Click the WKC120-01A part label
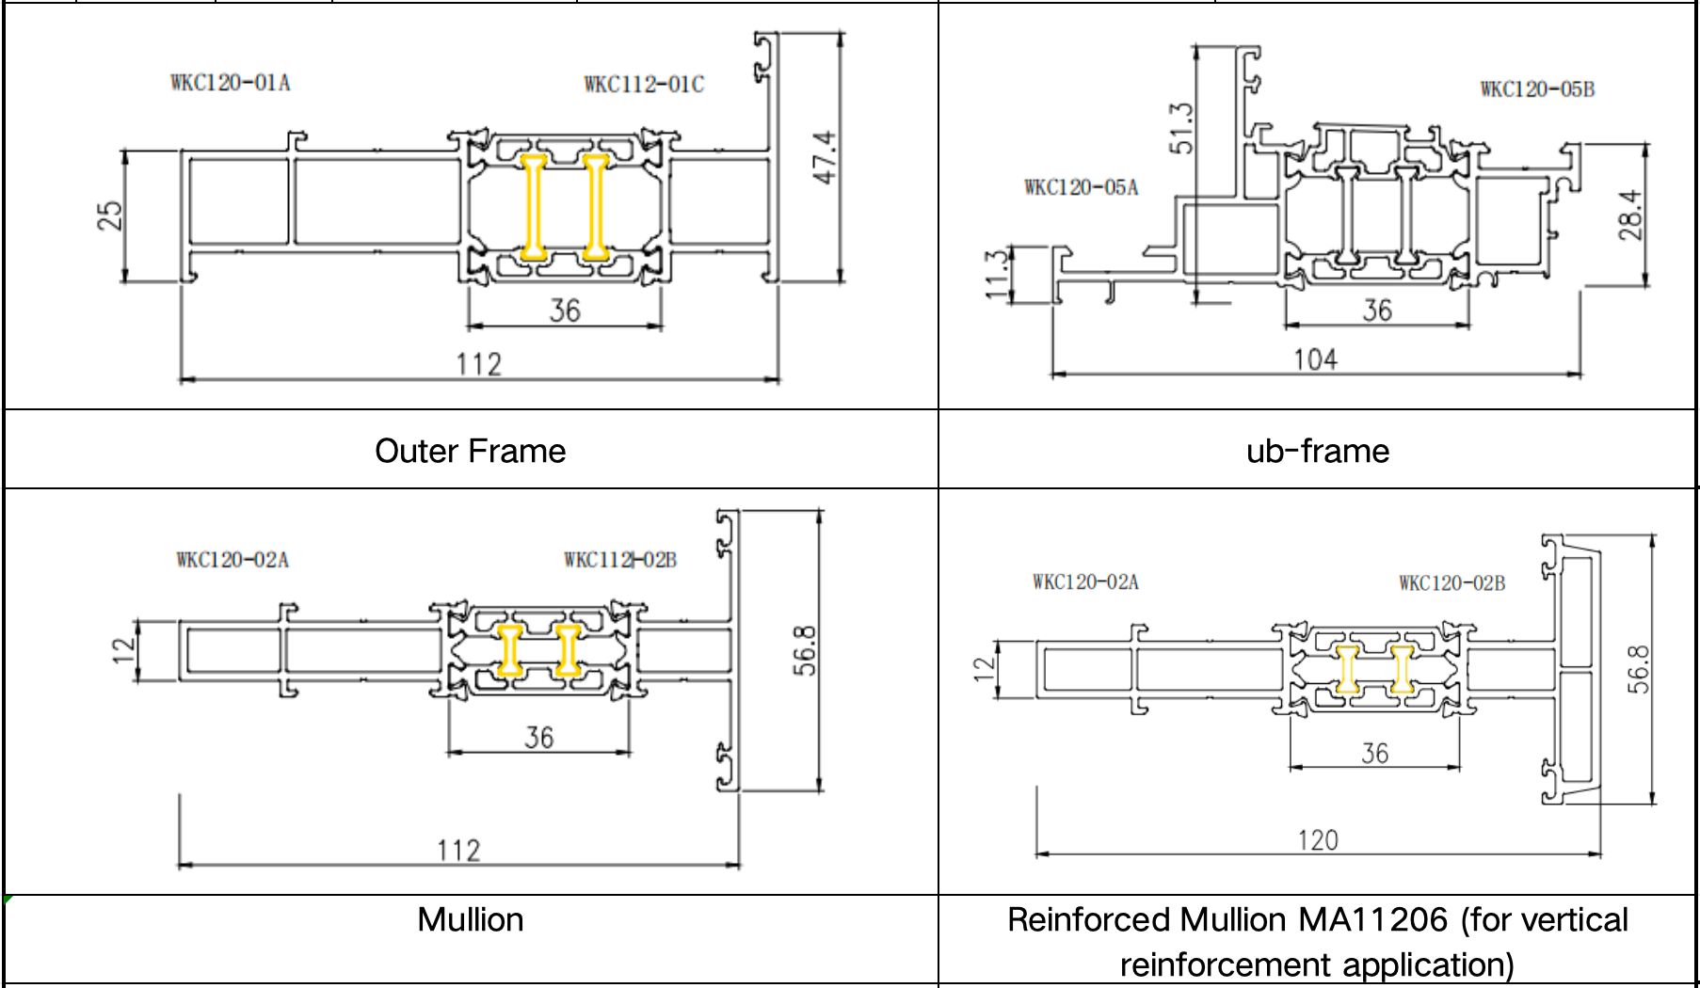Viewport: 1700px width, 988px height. point(231,83)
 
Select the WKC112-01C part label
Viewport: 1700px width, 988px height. point(644,85)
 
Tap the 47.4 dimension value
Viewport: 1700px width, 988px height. point(825,157)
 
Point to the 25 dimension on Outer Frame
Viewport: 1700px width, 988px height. point(110,215)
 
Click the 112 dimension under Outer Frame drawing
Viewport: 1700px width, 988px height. point(479,364)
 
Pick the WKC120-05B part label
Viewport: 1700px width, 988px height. point(1537,89)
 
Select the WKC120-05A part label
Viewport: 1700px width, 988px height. point(1081,187)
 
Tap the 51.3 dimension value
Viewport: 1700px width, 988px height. point(1181,129)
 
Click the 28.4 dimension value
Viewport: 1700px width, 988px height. point(1631,215)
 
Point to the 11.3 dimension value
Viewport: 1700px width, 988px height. point(997,275)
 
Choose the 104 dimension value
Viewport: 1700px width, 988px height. point(1315,359)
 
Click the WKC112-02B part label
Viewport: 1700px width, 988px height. point(620,560)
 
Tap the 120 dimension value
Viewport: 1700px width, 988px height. point(1318,840)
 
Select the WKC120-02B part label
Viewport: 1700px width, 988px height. point(1451,583)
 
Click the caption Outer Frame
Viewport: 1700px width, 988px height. point(470,451)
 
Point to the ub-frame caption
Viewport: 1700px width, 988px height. point(1317,451)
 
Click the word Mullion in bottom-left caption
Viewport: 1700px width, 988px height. point(470,919)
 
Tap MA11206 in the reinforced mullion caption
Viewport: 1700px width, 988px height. point(1372,919)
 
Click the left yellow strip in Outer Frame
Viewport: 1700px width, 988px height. point(534,208)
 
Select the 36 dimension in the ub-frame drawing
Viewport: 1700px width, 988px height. point(1377,310)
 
